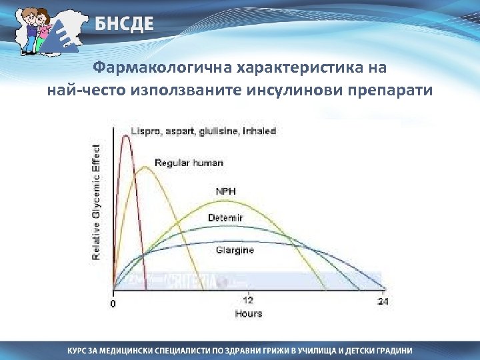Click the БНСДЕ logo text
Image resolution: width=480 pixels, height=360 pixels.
(x=123, y=25)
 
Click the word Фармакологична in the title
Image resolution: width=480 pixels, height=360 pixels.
(x=145, y=69)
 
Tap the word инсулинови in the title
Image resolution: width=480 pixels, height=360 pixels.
(x=304, y=90)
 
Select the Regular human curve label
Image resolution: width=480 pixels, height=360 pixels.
(x=189, y=163)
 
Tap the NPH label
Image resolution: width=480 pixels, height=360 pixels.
(x=225, y=191)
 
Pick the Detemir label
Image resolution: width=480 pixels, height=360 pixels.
(x=225, y=218)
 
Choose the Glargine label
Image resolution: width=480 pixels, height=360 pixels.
(x=234, y=250)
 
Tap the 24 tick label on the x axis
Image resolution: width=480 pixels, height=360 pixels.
(x=383, y=302)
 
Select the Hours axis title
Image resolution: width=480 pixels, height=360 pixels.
(x=248, y=313)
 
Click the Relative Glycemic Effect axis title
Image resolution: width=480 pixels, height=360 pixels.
(x=97, y=202)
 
